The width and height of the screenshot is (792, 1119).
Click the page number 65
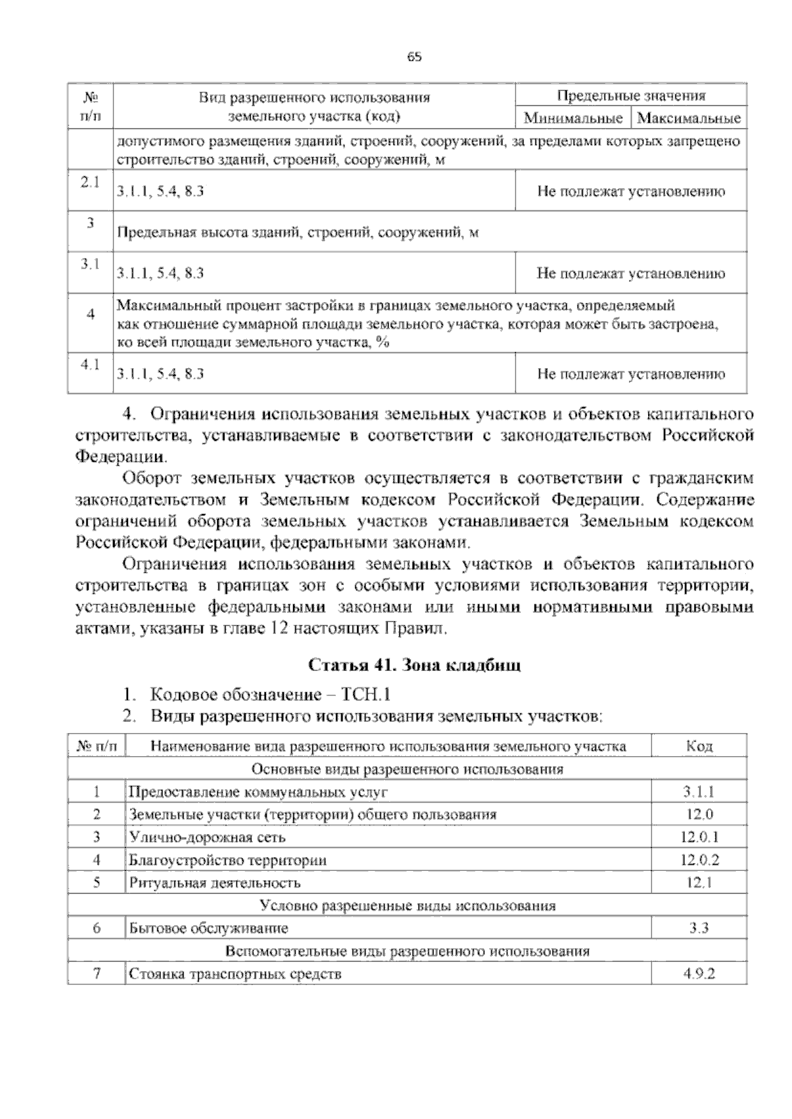[414, 57]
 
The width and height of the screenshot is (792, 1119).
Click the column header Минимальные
[573, 119]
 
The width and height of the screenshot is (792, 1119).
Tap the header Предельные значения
[631, 96]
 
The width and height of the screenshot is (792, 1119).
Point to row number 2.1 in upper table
[90, 183]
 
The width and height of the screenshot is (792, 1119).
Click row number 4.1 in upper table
[90, 364]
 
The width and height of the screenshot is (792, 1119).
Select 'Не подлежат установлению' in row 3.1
[631, 273]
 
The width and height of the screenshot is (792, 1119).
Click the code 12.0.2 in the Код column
[699, 860]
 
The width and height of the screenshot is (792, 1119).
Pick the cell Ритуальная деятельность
[214, 883]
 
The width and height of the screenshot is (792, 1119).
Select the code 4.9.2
[699, 974]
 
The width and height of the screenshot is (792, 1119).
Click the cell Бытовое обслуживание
[209, 928]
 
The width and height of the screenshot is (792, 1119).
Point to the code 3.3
[699, 928]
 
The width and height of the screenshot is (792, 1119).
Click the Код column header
[699, 746]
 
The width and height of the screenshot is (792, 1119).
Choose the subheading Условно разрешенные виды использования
[407, 905]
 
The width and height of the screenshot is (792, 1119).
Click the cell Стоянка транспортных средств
[235, 974]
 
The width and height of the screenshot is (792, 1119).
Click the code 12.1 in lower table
[699, 883]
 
